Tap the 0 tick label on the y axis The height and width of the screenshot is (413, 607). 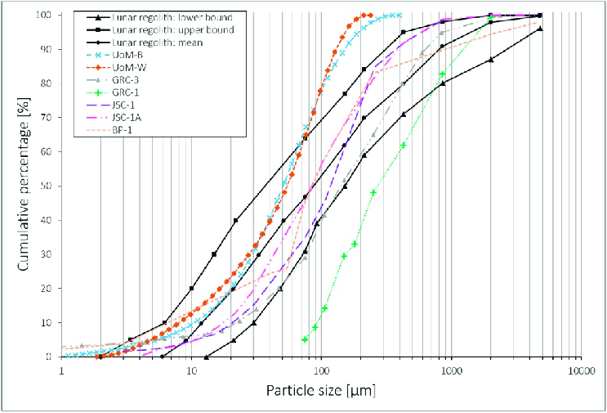click(x=51, y=357)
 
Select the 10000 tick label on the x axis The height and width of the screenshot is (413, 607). click(x=580, y=370)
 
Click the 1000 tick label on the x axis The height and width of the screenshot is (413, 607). click(x=451, y=370)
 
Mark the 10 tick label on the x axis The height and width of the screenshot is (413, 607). click(x=191, y=370)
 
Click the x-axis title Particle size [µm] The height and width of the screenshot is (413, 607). click(x=320, y=391)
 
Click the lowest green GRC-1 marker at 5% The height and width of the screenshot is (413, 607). click(x=305, y=339)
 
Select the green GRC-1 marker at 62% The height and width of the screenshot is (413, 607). click(x=404, y=145)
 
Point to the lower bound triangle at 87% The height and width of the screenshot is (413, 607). click(x=490, y=59)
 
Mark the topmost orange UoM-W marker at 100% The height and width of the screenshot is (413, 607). click(x=370, y=15)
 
